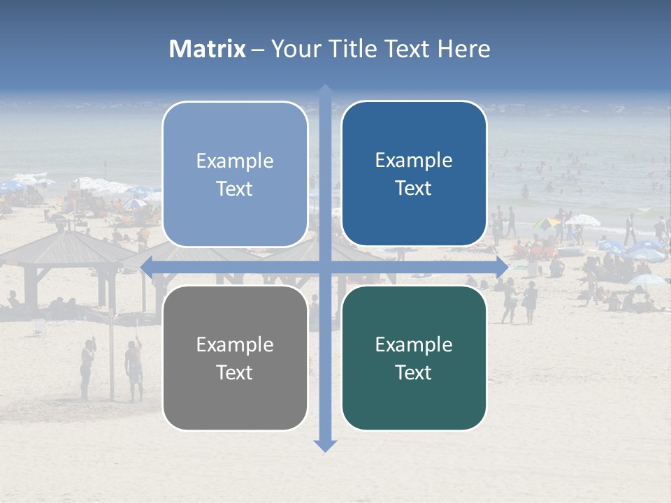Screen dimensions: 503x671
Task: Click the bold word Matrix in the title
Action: [208, 49]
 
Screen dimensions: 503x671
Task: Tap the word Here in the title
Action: [463, 49]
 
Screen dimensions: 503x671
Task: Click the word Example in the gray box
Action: [235, 344]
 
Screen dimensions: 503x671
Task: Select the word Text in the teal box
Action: [414, 372]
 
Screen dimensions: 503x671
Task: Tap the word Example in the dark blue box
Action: [414, 161]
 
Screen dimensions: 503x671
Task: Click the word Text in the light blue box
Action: [235, 189]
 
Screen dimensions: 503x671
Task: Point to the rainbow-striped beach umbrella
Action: [547, 223]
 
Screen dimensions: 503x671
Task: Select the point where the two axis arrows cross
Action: [325, 266]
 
